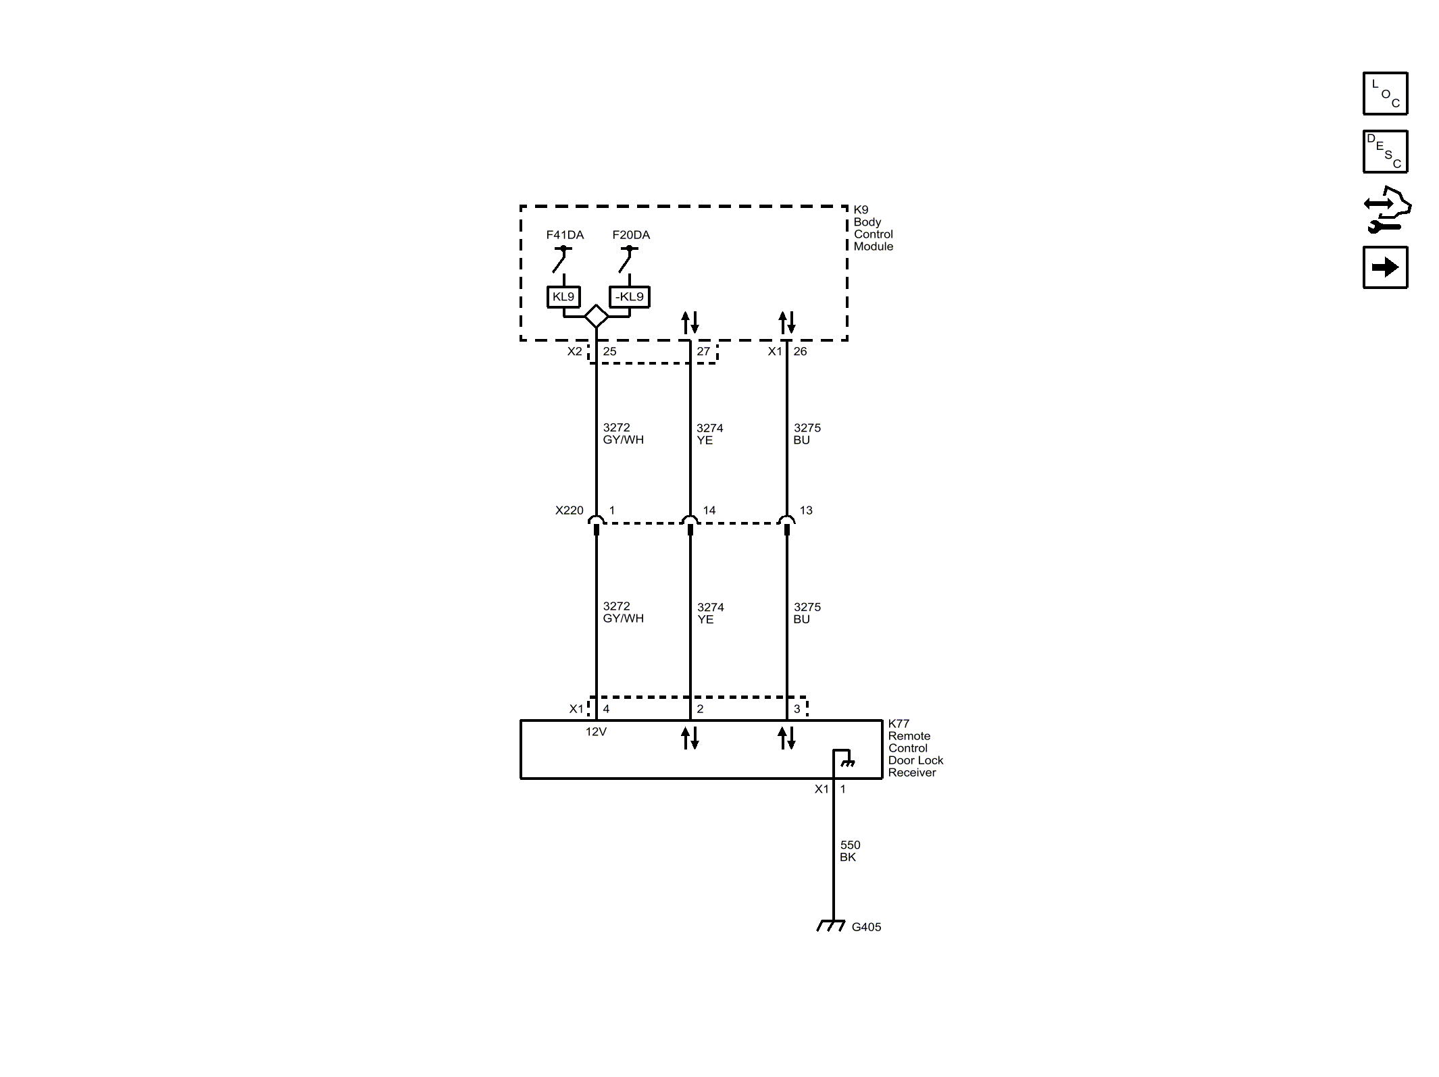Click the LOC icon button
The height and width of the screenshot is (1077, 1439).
tap(1385, 93)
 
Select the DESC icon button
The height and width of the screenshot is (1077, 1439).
tap(1385, 152)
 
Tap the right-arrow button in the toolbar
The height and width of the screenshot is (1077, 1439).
tap(1385, 267)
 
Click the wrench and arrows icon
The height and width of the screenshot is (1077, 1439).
tap(1387, 209)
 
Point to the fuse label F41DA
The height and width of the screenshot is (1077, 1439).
tap(565, 235)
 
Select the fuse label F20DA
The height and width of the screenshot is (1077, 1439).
tap(631, 235)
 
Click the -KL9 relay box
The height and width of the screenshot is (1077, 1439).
tap(630, 297)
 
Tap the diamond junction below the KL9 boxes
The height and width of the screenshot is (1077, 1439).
tap(596, 316)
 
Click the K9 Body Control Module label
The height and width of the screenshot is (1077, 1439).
tap(873, 228)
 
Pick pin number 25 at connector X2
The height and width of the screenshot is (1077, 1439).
tap(609, 351)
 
